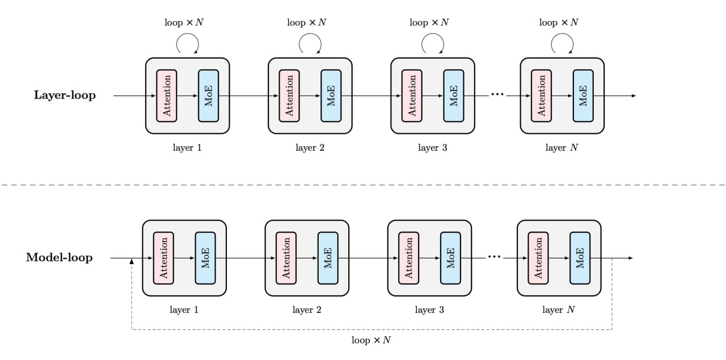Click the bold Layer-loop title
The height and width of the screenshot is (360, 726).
pos(65,95)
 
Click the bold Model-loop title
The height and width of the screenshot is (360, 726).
pos(60,257)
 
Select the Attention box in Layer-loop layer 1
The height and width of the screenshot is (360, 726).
pos(167,96)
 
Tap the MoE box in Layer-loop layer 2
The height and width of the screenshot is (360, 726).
pos(331,96)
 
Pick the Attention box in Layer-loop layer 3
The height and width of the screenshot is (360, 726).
pos(412,96)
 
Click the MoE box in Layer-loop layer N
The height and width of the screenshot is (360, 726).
pos(583,96)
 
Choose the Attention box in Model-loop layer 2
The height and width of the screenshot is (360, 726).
pos(286,259)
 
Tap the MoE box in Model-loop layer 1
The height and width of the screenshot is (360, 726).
pos(205,259)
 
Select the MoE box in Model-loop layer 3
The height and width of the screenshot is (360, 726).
pos(450,259)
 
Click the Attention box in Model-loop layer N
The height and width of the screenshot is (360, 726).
pos(538,259)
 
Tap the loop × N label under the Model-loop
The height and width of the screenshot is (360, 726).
pos(371,340)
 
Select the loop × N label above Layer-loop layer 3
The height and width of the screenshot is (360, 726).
pos(429,22)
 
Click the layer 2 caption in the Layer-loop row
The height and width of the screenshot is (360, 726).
pos(310,148)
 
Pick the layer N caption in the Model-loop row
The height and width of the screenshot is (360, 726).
pos(559,310)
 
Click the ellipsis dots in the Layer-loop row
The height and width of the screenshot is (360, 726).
pos(497,94)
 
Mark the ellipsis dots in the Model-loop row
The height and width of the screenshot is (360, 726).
pos(494,257)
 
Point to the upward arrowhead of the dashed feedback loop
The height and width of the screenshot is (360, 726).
pos(132,261)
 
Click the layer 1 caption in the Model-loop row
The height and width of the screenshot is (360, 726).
pos(184,310)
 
